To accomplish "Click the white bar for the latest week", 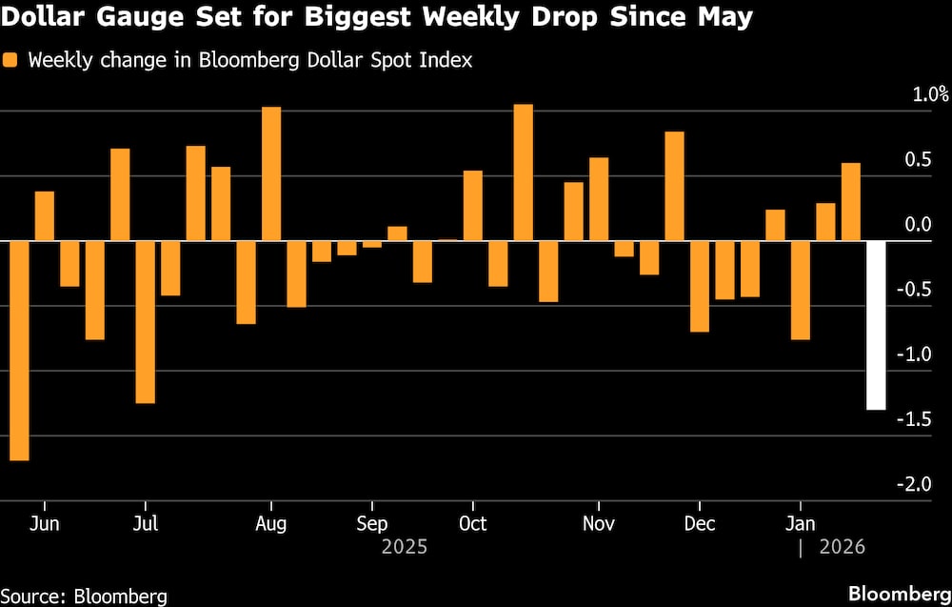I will (876, 325).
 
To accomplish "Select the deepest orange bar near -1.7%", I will (19, 350).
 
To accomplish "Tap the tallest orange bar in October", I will (523, 172).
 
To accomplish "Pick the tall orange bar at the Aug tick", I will (271, 173).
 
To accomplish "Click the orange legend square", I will (11, 60).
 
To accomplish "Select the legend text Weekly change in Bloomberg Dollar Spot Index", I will (250, 60).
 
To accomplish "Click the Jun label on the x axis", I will (44, 523).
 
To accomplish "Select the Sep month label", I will (371, 523).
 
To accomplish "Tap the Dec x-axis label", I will (700, 523).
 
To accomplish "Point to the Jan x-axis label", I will (800, 523).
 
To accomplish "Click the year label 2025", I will (404, 547).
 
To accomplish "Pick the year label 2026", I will (842, 547).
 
